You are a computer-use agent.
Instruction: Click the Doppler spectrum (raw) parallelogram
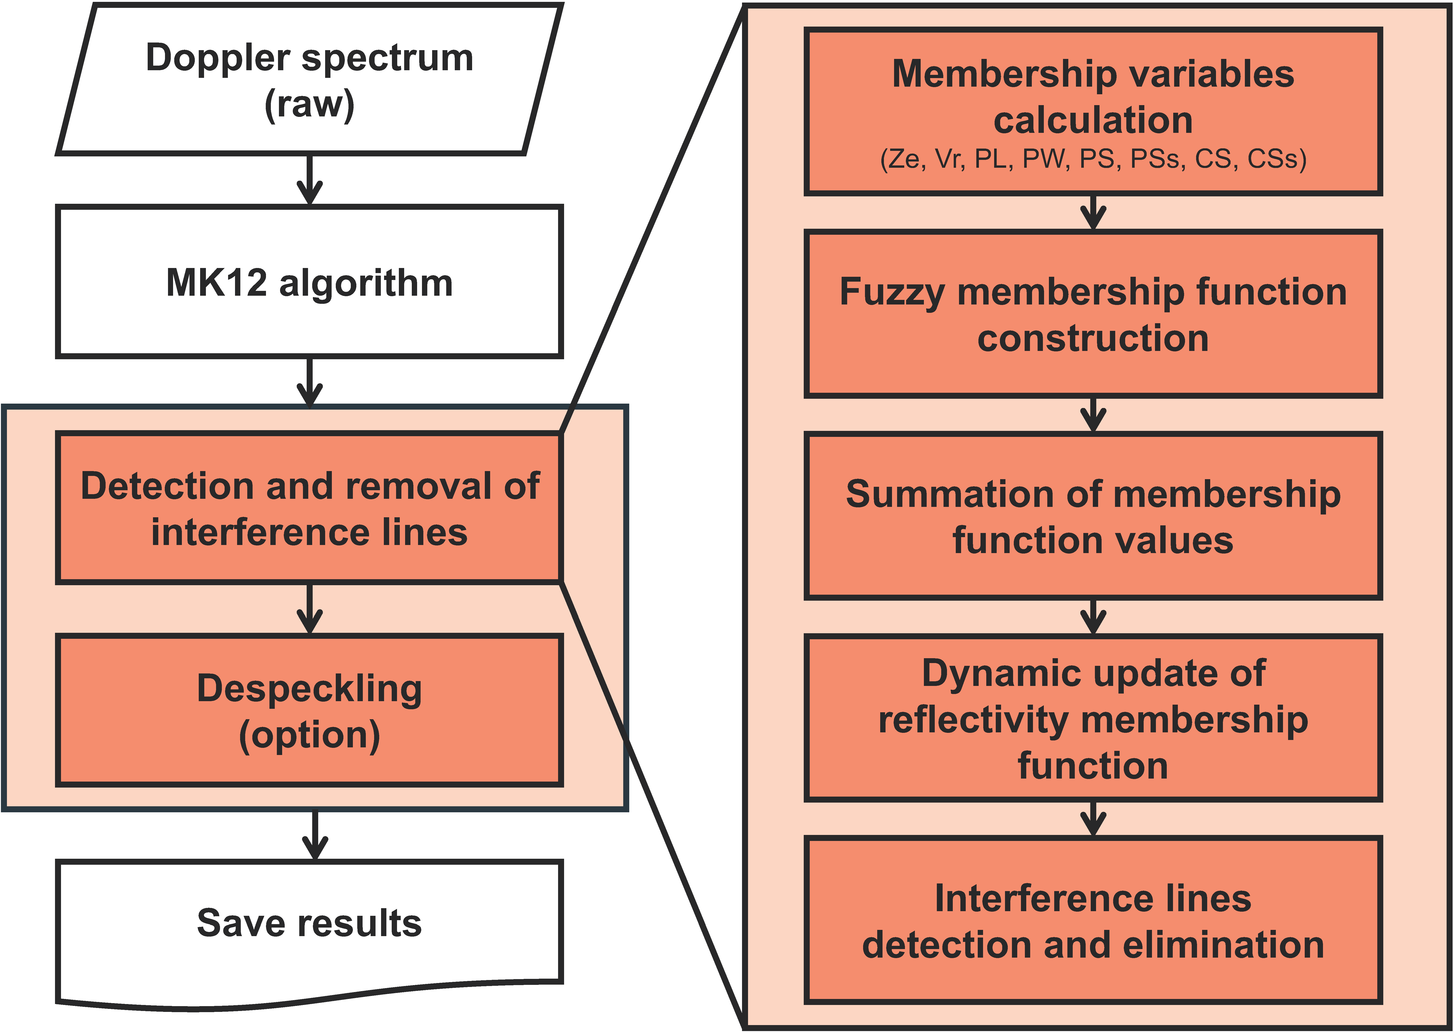pos(309,79)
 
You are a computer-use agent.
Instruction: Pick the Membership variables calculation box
pos(1093,111)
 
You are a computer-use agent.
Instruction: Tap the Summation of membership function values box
pos(1093,516)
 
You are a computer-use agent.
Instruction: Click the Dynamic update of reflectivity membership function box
pos(1093,718)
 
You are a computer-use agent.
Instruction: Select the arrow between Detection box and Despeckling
pos(309,609)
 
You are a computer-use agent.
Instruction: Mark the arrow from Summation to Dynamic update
pos(1093,616)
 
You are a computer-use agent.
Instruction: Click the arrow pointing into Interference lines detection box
pos(1093,819)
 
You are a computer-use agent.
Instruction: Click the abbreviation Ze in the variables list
pos(903,159)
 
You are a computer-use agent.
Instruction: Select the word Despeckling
pos(309,688)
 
